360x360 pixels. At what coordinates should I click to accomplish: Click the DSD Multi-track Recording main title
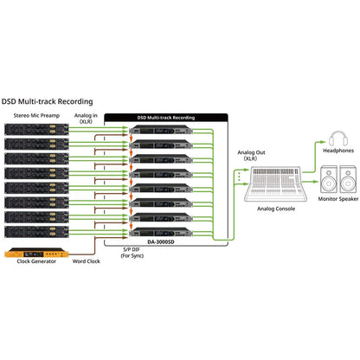(47, 101)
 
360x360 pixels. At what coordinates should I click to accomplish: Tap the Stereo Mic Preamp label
(36, 116)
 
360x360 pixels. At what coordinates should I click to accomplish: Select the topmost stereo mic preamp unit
(36, 129)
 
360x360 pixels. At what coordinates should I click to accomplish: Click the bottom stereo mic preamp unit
(36, 232)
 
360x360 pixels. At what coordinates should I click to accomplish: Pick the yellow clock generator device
(36, 253)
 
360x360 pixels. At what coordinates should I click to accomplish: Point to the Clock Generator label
(36, 261)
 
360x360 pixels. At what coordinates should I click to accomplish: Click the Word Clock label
(87, 261)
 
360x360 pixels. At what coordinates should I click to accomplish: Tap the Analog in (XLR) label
(86, 119)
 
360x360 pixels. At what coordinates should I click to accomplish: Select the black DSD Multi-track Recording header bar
(166, 118)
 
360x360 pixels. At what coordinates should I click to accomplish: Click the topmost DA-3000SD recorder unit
(161, 130)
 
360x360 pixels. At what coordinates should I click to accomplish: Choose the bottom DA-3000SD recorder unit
(161, 232)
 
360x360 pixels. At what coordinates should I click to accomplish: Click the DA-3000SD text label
(161, 242)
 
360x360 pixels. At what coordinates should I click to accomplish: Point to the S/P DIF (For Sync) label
(132, 253)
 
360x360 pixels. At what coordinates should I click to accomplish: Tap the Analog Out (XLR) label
(251, 155)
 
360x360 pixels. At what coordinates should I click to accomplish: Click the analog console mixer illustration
(275, 184)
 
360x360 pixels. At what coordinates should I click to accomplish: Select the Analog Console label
(276, 209)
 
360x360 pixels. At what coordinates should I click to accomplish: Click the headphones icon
(338, 138)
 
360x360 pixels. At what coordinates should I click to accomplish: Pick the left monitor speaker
(329, 179)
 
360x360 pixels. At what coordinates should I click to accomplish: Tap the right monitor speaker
(348, 179)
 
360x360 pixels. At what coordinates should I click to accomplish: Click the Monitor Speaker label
(338, 199)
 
